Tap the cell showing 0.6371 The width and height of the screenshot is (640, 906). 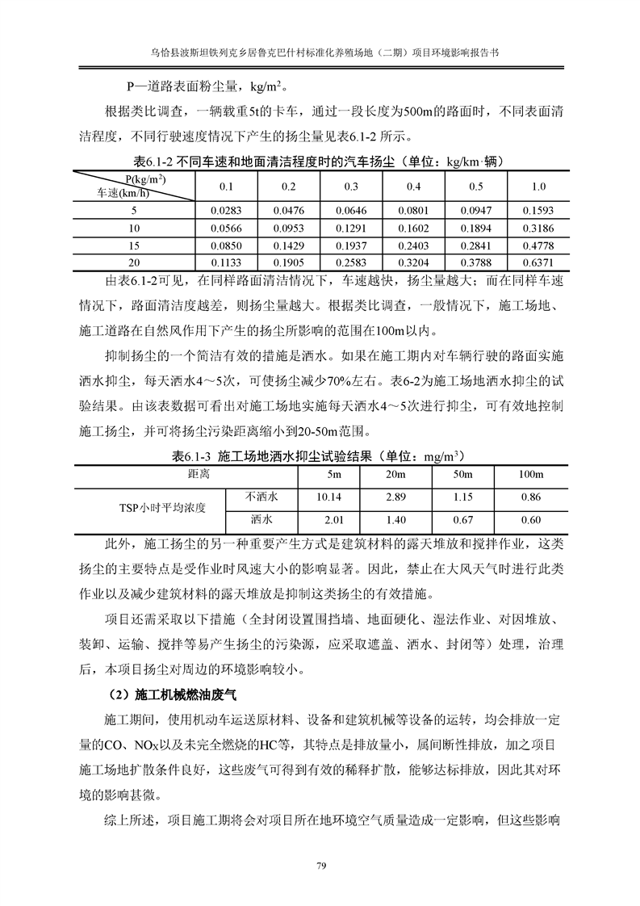coord(538,262)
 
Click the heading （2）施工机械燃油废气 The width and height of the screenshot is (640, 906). coord(174,694)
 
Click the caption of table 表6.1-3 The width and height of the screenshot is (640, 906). coord(319,455)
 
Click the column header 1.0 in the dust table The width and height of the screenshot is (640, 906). coord(538,187)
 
